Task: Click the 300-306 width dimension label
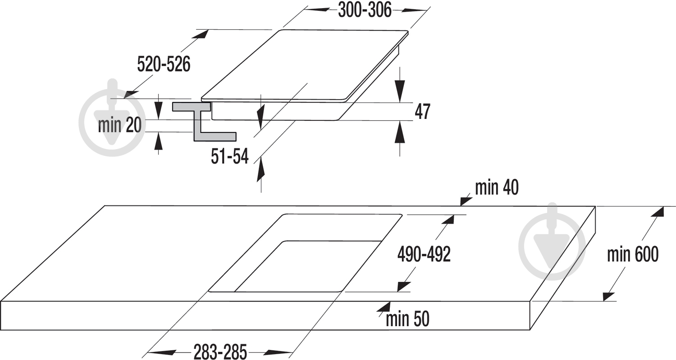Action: [365, 10]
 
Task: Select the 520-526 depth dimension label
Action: [164, 64]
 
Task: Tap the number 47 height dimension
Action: [423, 111]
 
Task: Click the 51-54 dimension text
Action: [230, 156]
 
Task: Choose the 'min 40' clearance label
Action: [497, 187]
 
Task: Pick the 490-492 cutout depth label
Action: [424, 254]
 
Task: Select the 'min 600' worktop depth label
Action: [633, 255]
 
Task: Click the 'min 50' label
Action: [407, 319]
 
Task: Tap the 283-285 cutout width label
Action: [220, 351]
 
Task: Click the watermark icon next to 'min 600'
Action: [552, 242]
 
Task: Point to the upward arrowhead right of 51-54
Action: [261, 171]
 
